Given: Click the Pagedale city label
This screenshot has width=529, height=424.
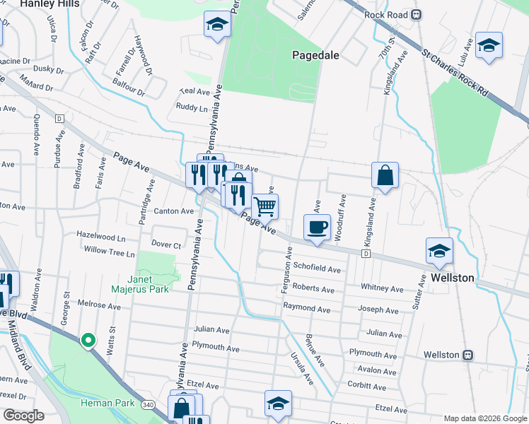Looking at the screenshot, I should click(318, 54).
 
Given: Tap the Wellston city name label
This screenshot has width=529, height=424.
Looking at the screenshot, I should click(453, 278).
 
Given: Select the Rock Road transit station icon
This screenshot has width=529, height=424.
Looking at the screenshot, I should click(417, 14).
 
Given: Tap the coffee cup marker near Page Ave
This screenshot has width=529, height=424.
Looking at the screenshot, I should click(317, 228).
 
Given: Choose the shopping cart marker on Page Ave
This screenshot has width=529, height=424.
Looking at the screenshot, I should click(265, 207).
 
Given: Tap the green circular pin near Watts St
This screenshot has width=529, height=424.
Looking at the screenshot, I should click(88, 341).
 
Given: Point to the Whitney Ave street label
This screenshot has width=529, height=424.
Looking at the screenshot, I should click(381, 288).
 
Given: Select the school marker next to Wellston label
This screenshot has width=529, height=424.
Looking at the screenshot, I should click(440, 251).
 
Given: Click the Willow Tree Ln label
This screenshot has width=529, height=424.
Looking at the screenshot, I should click(109, 252).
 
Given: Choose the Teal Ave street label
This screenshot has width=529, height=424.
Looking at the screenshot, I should click(195, 92).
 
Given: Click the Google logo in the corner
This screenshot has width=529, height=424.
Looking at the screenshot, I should click(23, 416).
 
